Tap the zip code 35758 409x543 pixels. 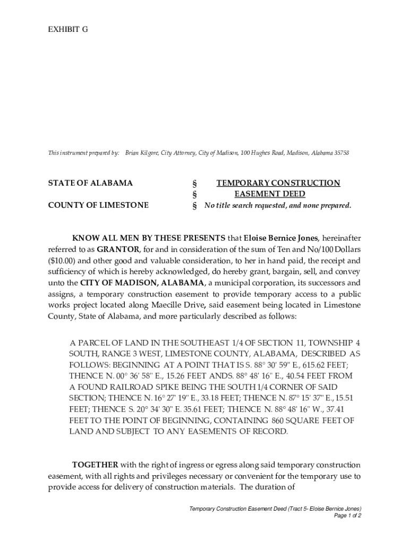pos(342,153)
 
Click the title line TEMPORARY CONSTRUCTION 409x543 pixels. pos(278,183)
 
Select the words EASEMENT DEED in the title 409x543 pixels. pos(277,194)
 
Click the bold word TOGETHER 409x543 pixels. pos(95,465)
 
